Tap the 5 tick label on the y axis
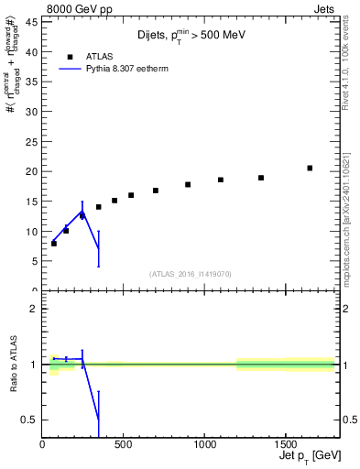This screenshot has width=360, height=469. (35, 261)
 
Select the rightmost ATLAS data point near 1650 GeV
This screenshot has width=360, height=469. (310, 168)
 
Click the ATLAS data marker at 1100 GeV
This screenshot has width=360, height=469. (221, 180)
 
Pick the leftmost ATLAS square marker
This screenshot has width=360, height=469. (54, 244)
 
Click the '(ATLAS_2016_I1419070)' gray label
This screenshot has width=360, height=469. (191, 273)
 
